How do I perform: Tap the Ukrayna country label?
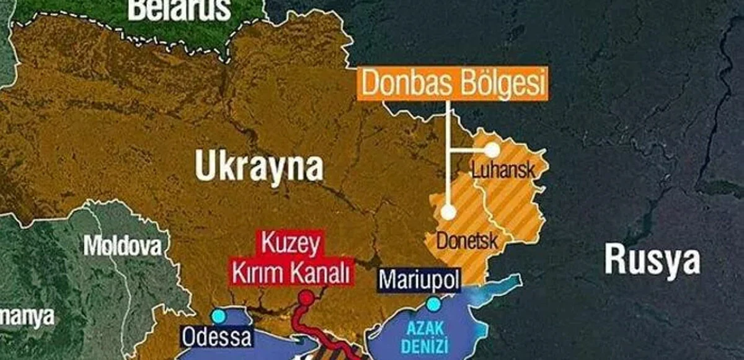click(260, 167)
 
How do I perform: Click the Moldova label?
click(122, 246)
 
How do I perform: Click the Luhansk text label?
click(502, 170)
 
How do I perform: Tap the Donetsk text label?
click(467, 240)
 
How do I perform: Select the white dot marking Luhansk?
click(492, 150)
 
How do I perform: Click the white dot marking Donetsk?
click(448, 212)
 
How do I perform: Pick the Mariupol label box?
click(419, 281)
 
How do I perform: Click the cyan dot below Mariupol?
click(433, 304)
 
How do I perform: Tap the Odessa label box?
click(218, 338)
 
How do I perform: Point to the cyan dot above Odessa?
click(218, 316)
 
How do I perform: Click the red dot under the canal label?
click(306, 298)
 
